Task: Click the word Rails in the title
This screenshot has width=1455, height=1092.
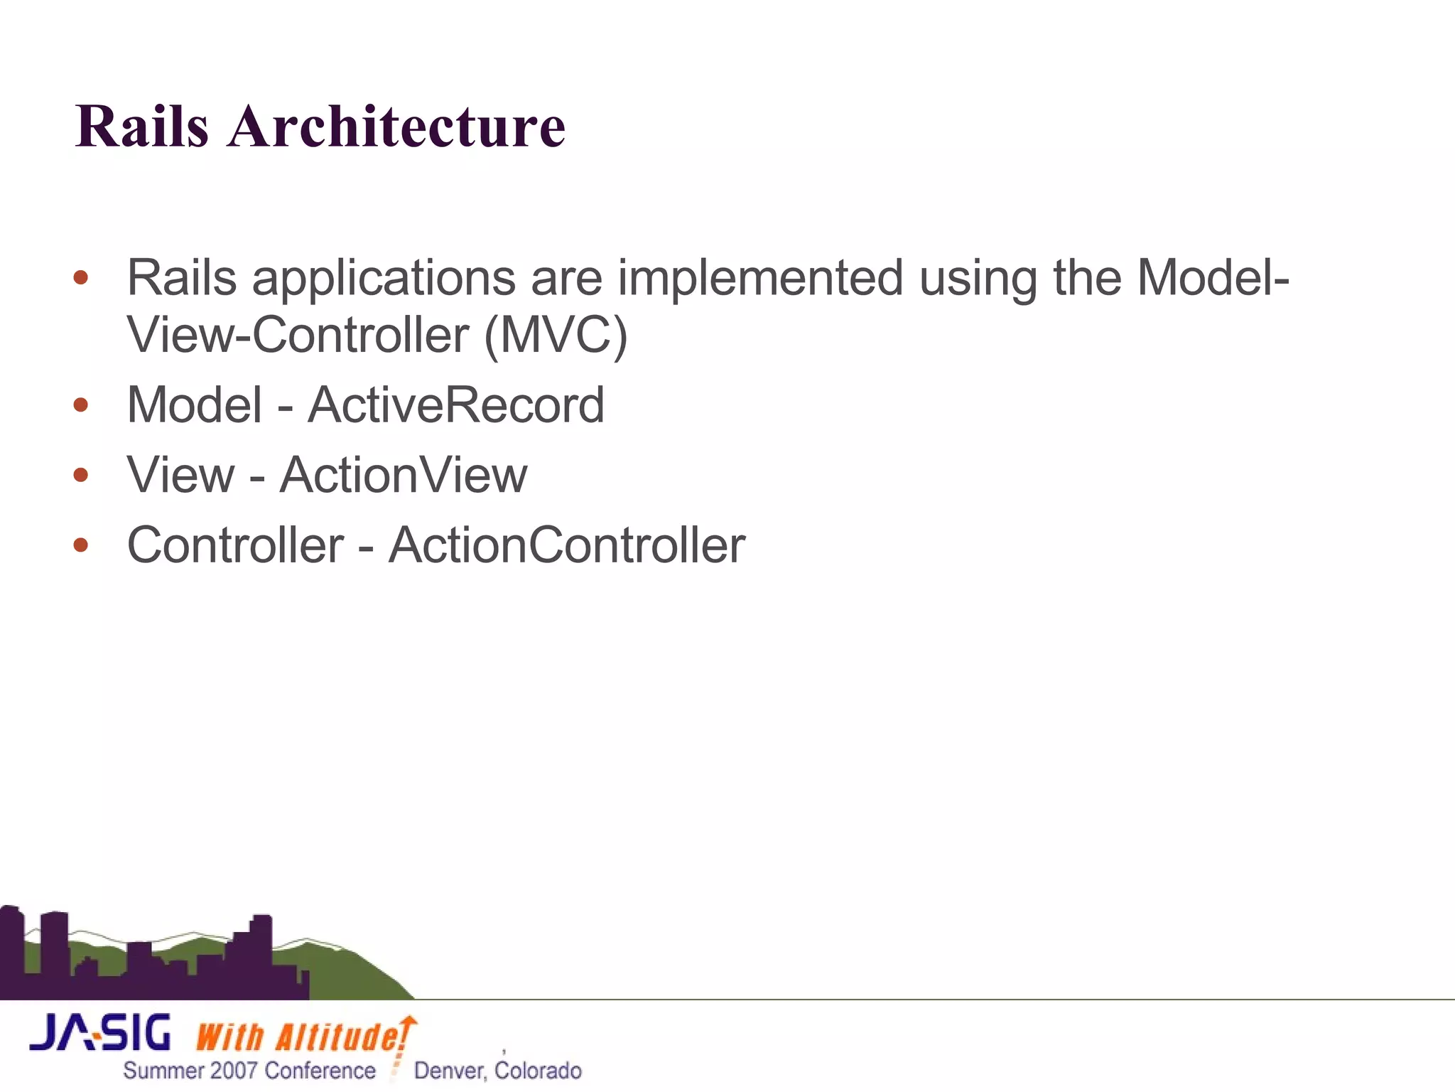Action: tap(142, 127)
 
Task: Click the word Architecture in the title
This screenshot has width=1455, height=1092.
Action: tap(396, 127)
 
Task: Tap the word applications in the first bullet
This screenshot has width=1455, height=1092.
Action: tap(383, 279)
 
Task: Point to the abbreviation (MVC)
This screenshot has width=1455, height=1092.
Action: tap(556, 335)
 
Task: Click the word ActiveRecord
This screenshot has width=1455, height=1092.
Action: tap(455, 405)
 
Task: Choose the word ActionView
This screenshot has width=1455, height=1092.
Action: tap(403, 475)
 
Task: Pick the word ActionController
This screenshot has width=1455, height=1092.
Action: tap(566, 545)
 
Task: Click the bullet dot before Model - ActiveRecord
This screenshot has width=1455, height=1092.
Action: tap(81, 405)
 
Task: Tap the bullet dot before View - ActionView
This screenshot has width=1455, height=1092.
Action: tap(81, 475)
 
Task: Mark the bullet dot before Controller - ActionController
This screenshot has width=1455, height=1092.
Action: tap(81, 545)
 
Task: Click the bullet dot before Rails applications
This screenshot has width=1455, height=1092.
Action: tap(81, 277)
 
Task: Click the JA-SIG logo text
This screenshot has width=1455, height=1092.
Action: tap(100, 1033)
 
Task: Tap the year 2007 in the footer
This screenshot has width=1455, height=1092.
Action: tap(234, 1071)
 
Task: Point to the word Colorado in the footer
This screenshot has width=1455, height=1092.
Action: tap(538, 1071)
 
